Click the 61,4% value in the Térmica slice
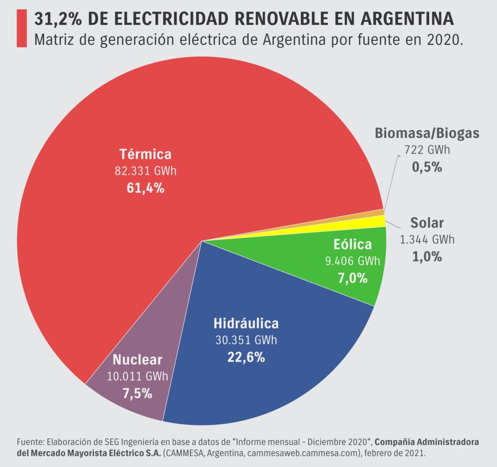145,188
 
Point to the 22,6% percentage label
246,357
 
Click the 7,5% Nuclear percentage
137,393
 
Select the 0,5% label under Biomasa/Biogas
427,167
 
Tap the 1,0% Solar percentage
427,257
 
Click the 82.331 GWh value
145,171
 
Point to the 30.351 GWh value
246,340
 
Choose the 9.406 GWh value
352,261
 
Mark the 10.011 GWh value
137,376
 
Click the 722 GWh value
427,150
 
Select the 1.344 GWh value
427,240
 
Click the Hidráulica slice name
246,323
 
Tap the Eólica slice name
352,244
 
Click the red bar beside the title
22,29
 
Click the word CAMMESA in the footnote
182,452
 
